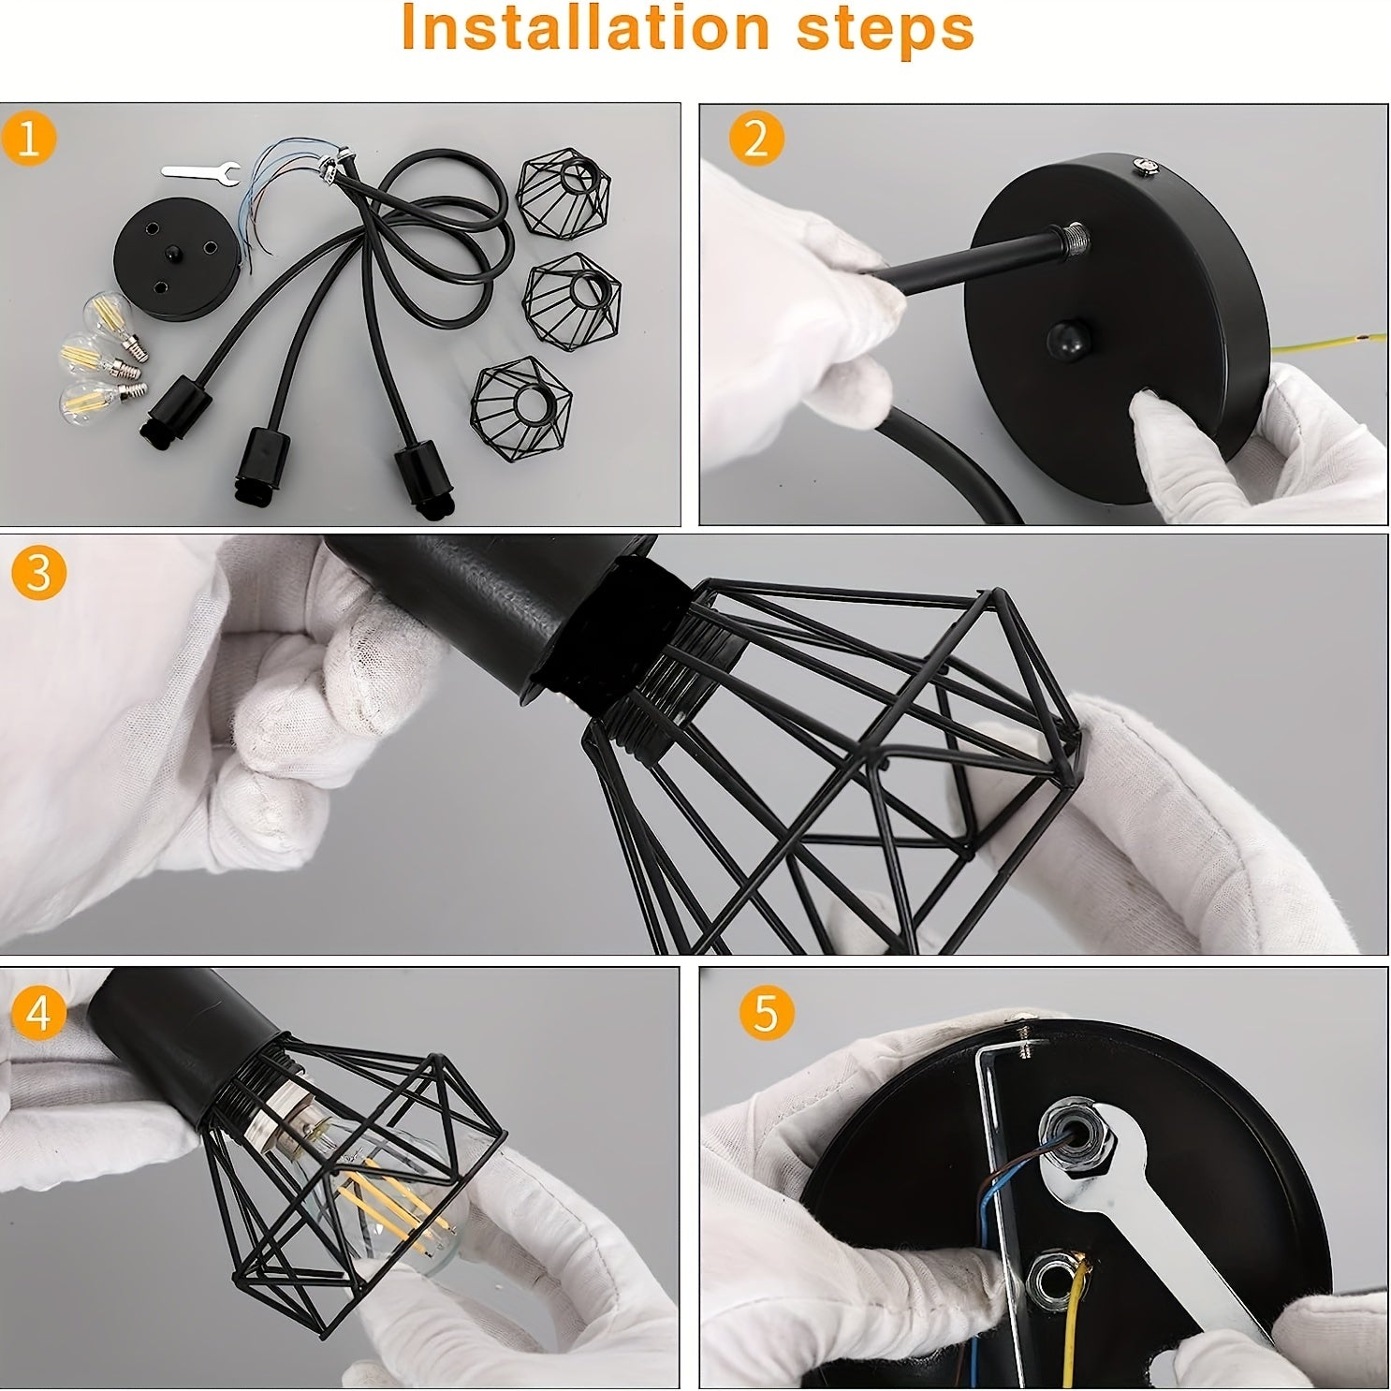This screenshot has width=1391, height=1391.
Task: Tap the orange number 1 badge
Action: (29, 139)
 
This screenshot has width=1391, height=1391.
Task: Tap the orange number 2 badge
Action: (755, 139)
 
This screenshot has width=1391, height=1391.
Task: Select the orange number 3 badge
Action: (38, 572)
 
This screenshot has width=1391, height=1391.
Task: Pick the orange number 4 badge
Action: (38, 1012)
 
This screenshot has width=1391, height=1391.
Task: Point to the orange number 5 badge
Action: (765, 1012)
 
